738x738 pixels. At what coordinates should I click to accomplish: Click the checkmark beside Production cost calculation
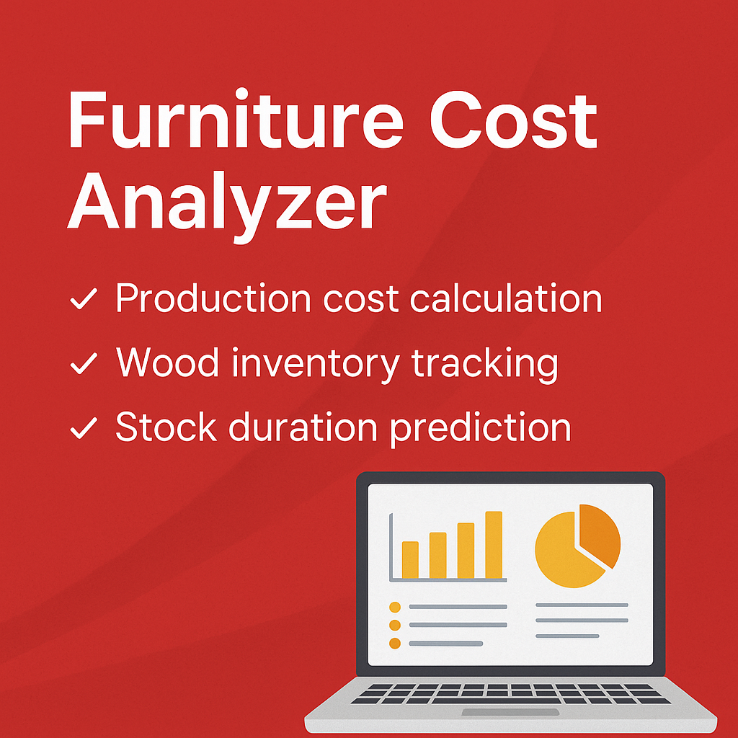click(x=84, y=301)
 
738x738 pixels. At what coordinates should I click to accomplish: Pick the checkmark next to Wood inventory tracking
click(x=84, y=365)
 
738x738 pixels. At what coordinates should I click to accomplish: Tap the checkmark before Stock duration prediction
click(x=84, y=430)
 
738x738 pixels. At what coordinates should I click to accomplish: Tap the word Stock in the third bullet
click(x=167, y=427)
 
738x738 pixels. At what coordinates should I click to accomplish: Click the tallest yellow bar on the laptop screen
click(x=493, y=545)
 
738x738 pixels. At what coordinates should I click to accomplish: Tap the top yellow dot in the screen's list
click(x=394, y=607)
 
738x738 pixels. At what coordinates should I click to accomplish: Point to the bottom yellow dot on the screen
click(x=394, y=643)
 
